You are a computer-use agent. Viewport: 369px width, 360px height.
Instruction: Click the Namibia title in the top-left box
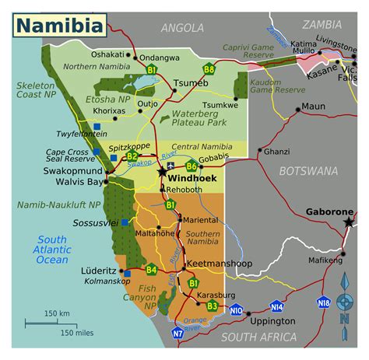pos(60,25)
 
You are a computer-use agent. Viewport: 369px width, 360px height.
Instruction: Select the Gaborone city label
pos(328,211)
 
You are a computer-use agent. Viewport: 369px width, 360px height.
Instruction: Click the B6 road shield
pos(192,165)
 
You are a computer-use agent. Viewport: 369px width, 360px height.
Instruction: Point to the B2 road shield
pos(132,156)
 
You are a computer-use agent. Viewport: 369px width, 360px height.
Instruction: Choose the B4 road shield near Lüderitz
pos(151,270)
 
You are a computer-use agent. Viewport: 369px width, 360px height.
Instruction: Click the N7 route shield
pos(177,334)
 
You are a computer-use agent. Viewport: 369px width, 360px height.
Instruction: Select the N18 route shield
pos(323,302)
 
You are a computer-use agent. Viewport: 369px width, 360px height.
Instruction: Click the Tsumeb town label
pos(191,83)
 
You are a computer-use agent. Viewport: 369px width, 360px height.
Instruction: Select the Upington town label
pos(272,320)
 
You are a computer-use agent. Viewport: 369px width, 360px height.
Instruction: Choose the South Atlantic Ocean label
pos(51,249)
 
